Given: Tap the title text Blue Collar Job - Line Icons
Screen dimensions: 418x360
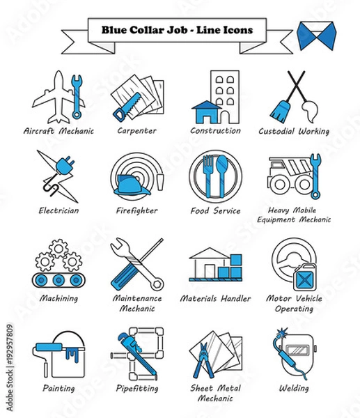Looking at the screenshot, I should [178, 30].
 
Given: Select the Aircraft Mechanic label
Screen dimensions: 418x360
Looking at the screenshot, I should [58, 131].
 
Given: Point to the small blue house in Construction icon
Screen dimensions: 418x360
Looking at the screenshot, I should [205, 112].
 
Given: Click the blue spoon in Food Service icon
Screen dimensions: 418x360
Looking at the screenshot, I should [221, 172].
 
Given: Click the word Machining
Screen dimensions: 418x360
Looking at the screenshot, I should [58, 298].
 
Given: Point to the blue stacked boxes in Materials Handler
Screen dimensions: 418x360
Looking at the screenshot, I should [230, 269].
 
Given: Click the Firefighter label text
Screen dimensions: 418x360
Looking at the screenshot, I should [137, 210].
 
